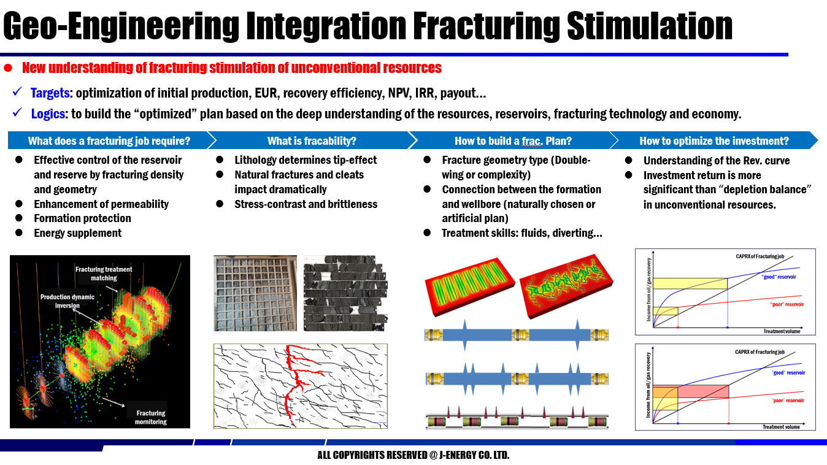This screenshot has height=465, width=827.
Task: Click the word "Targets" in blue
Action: pyautogui.click(x=50, y=94)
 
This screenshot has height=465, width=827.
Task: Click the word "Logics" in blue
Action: pyautogui.click(x=48, y=113)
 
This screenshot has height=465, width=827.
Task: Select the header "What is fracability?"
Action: pyautogui.click(x=312, y=141)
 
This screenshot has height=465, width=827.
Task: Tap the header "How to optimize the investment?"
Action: pyautogui.click(x=714, y=141)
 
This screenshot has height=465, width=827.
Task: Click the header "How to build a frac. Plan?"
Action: pyautogui.click(x=513, y=141)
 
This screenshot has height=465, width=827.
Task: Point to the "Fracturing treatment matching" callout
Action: pyautogui.click(x=104, y=274)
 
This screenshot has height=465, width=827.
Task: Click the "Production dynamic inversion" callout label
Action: pyautogui.click(x=67, y=301)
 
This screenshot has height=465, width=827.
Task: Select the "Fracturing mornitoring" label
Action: pyautogui.click(x=151, y=417)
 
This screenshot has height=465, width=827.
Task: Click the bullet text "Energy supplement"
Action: pyautogui.click(x=77, y=233)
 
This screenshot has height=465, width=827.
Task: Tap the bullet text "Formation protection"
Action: pyautogui.click(x=82, y=218)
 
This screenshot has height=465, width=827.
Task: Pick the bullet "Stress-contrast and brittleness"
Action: pyautogui.click(x=306, y=204)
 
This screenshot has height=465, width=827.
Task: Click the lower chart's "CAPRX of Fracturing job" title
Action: pyautogui.click(x=760, y=352)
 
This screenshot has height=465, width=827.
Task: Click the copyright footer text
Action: pyautogui.click(x=413, y=455)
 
